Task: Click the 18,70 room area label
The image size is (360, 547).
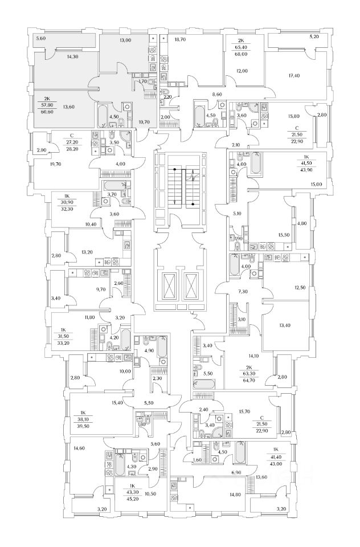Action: pos(181,40)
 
